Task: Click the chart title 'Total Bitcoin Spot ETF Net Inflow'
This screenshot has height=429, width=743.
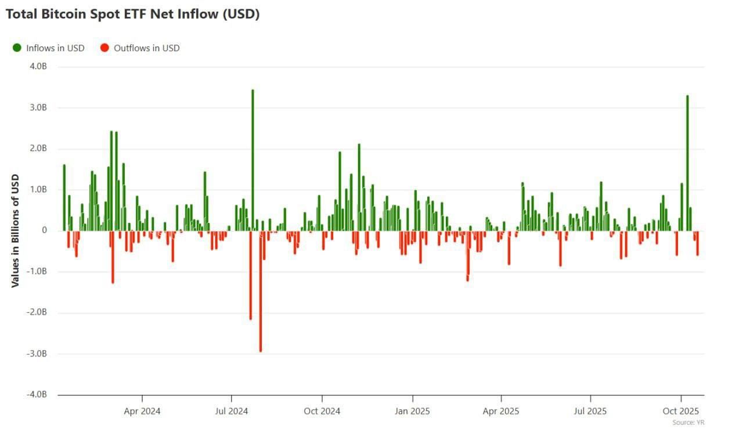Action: point(132,15)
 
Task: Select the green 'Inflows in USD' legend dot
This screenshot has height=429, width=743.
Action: point(17,48)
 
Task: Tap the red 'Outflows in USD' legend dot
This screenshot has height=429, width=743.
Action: point(104,48)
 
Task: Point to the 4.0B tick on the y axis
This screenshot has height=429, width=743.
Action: point(38,67)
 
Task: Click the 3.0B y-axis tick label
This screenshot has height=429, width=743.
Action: point(38,108)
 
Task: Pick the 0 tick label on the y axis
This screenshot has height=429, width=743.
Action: point(44,230)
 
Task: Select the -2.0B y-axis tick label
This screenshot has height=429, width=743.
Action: point(37,313)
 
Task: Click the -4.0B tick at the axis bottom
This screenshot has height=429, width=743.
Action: point(37,395)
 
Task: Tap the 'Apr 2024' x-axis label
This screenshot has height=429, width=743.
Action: point(142,411)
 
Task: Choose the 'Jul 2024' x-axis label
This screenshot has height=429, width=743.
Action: point(232,411)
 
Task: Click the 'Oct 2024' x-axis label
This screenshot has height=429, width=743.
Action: point(322,411)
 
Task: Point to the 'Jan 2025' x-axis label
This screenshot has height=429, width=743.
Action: point(412,411)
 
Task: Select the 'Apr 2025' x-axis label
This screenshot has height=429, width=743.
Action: point(501,411)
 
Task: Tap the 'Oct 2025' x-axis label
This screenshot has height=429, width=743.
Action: point(680,411)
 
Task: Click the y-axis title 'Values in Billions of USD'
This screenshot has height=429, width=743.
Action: point(16,230)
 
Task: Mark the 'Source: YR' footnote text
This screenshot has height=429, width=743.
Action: point(688,423)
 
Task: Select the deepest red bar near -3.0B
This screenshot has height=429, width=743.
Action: point(261,290)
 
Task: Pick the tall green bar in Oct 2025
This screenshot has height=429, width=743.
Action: point(687,163)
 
